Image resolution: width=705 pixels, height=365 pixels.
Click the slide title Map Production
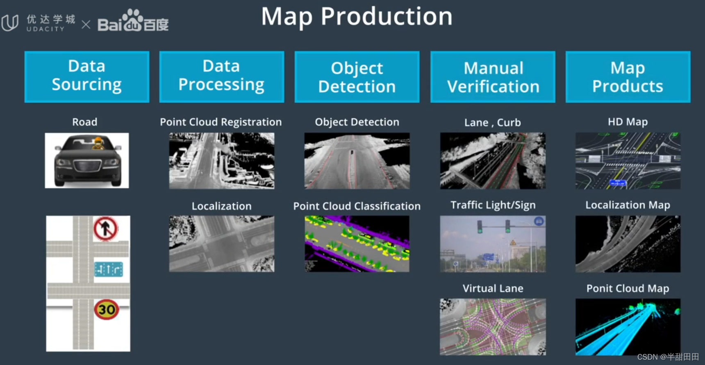[x=357, y=16]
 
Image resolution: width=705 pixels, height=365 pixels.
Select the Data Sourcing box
[x=87, y=77]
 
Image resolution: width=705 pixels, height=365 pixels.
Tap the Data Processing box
[x=221, y=77]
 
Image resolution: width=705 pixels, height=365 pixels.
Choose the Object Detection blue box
[x=357, y=77]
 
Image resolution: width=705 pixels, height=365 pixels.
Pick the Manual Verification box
[x=493, y=77]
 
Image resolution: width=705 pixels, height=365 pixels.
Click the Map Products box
[x=628, y=77]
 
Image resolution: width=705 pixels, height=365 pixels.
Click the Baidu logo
[x=133, y=21]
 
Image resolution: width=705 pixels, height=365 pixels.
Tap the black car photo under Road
[x=87, y=160]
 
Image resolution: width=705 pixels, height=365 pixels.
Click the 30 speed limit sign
[x=107, y=309]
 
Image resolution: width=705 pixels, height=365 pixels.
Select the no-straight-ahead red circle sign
[x=105, y=228]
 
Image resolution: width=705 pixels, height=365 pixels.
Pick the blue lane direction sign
[x=109, y=269]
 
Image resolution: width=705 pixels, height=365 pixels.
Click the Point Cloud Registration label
[x=221, y=122]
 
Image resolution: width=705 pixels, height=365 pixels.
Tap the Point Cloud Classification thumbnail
[x=357, y=243]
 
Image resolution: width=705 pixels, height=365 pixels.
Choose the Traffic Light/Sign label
[x=493, y=205]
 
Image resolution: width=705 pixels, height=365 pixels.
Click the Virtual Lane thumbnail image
[x=493, y=327]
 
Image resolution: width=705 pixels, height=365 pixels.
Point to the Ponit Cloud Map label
[x=628, y=288]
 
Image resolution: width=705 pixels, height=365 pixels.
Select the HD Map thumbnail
[x=628, y=160]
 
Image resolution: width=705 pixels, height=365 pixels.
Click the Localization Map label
[x=628, y=205]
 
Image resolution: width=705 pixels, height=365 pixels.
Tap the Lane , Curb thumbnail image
[x=493, y=160]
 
